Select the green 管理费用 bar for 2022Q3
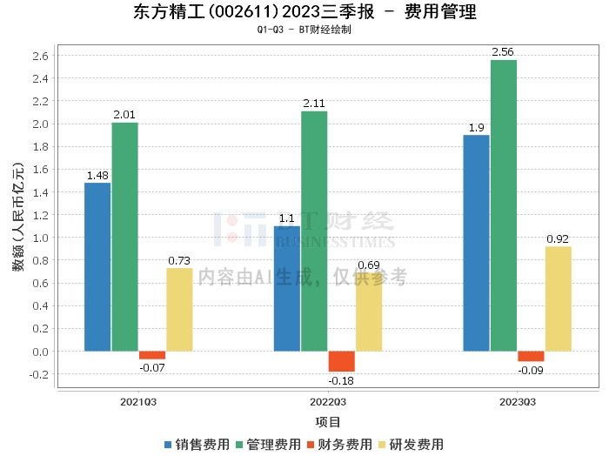tap(314, 231)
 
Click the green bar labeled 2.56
tap(504, 205)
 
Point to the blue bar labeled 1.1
tap(287, 288)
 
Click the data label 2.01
tap(124, 115)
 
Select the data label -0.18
tap(342, 380)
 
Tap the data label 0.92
tap(559, 238)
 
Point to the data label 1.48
tap(97, 175)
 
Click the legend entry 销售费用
tap(197, 444)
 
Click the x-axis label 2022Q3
tap(328, 403)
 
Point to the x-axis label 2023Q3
tap(518, 403)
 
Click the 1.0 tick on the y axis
tap(41, 238)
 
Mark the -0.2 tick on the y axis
tap(39, 374)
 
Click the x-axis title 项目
tap(328, 422)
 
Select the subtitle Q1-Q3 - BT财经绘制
tap(304, 30)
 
